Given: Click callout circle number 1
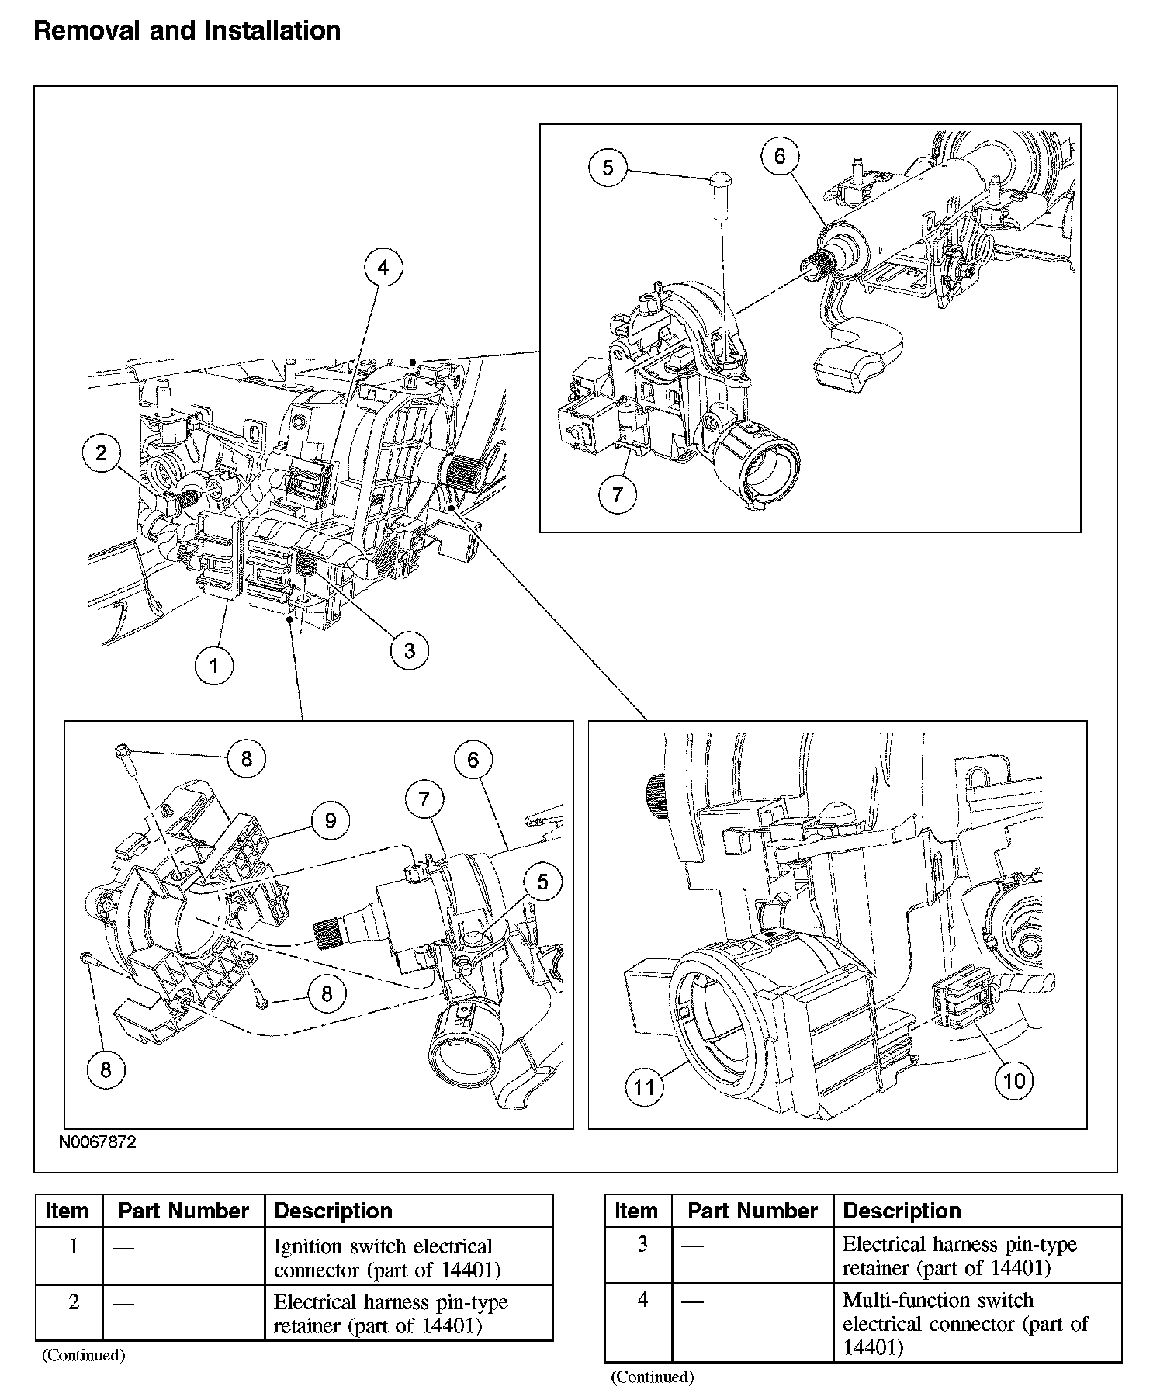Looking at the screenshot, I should point(214,664).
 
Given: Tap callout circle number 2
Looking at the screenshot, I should point(102,452).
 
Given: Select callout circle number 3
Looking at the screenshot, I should point(409,650).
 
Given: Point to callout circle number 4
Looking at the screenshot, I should point(383,268).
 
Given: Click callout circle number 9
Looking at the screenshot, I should point(331,821).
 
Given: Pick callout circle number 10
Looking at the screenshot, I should point(1014,1080).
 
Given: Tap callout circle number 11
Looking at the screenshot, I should point(645,1087).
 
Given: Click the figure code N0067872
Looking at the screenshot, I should point(97,1143).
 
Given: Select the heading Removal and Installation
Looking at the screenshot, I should point(187,31).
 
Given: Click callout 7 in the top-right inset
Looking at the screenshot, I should point(618,494).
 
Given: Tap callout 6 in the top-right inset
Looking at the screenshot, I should point(779,157).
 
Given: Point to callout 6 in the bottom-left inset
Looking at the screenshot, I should point(473,760).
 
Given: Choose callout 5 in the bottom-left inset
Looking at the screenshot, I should point(542,882).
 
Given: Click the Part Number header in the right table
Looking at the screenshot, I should point(752,1211).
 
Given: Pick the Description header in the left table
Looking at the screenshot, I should point(333,1211).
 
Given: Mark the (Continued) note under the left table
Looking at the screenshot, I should point(83,1356).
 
